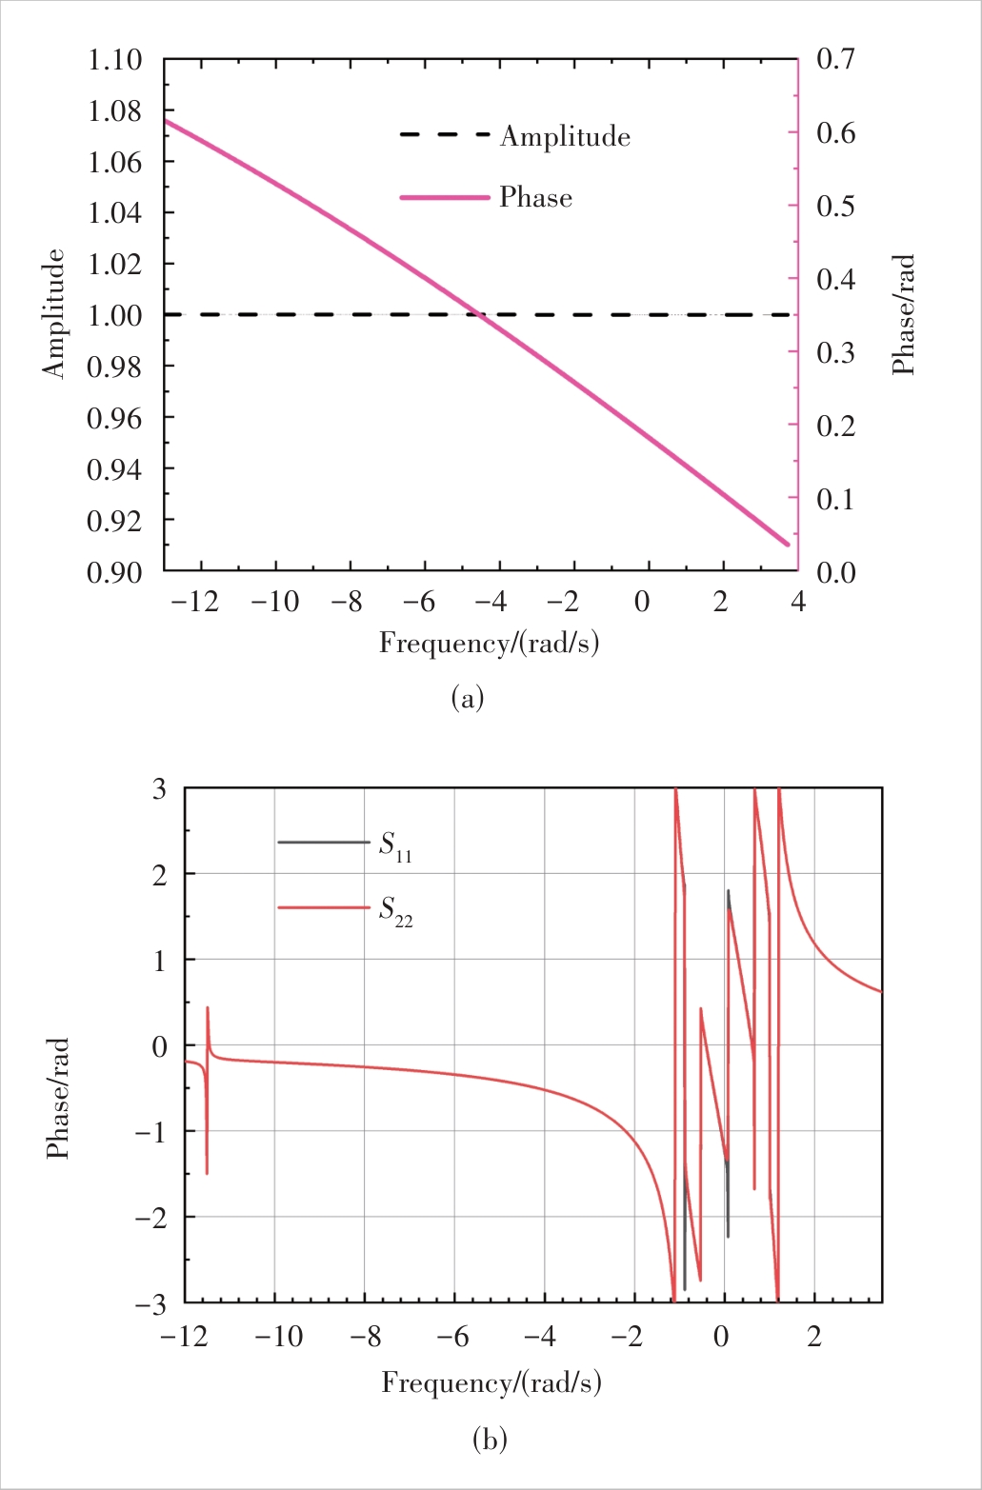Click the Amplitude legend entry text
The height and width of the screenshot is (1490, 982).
point(565,137)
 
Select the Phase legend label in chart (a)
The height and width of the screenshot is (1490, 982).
point(535,198)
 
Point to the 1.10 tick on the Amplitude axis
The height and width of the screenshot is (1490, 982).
point(114,61)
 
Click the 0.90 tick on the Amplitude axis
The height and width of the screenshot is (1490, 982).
point(114,572)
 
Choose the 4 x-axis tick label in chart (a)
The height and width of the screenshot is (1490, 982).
point(797,603)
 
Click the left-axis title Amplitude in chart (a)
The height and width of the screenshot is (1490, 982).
point(55,314)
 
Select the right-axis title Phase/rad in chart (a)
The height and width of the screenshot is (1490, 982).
point(903,314)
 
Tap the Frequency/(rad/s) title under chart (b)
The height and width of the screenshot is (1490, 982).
point(491,1382)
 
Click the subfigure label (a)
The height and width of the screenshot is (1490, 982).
point(467,699)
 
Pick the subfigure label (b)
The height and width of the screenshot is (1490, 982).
point(491,1439)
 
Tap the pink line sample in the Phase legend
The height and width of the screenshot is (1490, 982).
point(445,197)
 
